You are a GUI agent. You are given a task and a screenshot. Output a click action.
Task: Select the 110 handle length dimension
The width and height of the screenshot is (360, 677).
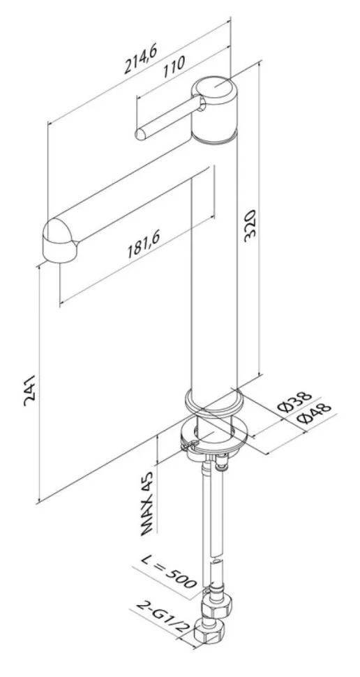point(174,66)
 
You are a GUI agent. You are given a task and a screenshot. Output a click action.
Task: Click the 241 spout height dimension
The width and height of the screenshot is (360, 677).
point(31,391)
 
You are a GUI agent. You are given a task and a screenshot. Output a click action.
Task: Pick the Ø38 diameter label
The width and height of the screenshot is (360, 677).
point(294,401)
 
